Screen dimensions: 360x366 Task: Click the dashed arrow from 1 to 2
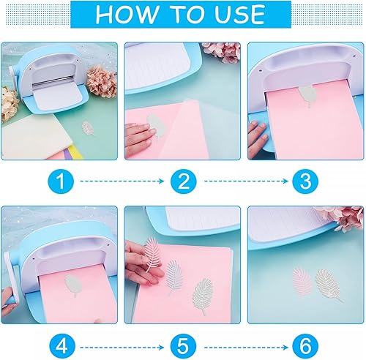pyautogui.click(x=121, y=180)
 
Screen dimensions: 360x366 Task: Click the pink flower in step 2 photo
pyautogui.click(x=220, y=49)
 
